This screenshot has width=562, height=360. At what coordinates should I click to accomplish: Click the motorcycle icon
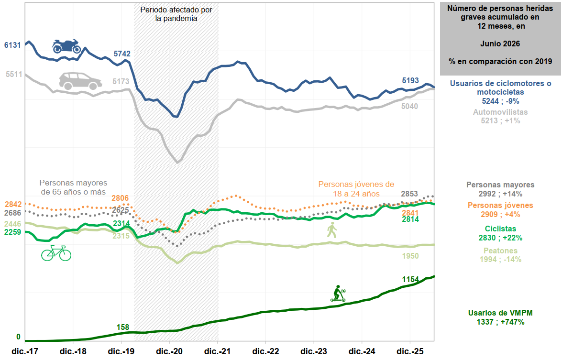point(66,46)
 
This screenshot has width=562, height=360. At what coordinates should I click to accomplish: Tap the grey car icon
point(80,81)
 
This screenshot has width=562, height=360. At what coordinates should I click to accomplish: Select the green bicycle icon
point(56,253)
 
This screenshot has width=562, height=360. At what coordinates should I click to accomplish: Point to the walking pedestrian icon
point(332,230)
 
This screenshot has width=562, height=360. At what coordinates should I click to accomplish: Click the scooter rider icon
point(338,294)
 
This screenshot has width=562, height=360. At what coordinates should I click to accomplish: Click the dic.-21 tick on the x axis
point(218,351)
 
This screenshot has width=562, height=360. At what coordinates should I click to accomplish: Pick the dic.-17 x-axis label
point(25,351)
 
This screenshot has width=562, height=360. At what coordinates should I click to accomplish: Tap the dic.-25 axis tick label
point(410,351)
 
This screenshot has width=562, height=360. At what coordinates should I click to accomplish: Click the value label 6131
point(12,45)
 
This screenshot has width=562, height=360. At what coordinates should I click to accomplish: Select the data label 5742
point(122,54)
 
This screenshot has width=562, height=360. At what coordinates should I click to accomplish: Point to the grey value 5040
point(410,107)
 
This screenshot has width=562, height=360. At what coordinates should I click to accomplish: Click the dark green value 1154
point(410,279)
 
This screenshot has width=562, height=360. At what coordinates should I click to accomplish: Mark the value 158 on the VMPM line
point(123,327)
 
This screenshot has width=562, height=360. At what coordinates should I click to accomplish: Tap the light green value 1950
point(410,256)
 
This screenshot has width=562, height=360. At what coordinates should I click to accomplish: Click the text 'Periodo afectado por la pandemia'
point(176,14)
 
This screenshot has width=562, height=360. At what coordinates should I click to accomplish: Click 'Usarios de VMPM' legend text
point(500,313)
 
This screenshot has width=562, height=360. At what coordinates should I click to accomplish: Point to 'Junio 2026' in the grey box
point(500,44)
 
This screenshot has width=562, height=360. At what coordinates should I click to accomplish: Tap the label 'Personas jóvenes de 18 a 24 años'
point(356,189)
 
